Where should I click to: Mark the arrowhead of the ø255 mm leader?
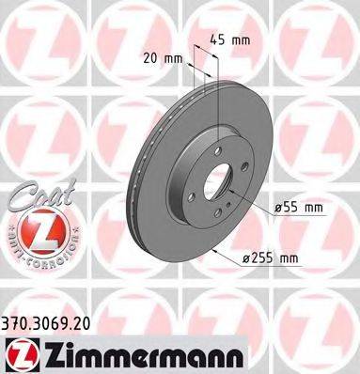tap(218, 249)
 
